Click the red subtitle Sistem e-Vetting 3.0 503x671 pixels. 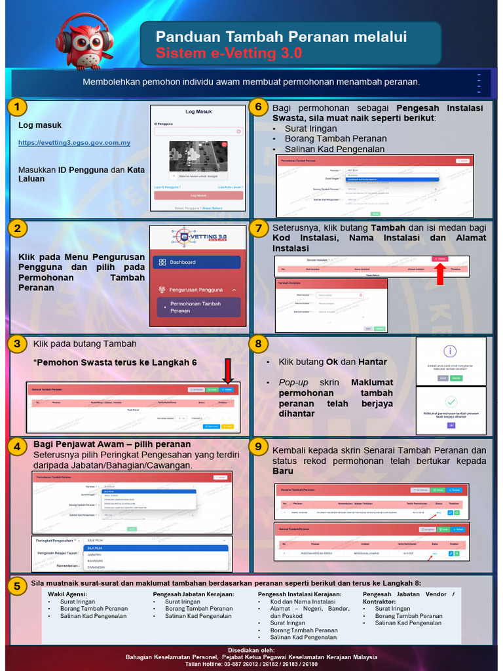pos(229,54)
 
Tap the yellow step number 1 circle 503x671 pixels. pos(19,107)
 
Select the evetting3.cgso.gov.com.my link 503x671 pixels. pos(74,143)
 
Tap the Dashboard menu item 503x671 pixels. pos(196,262)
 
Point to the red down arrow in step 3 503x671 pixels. pos(228,371)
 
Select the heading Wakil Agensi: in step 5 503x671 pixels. pos(67,594)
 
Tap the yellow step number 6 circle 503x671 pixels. pos(259,107)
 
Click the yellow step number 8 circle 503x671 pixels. pos(259,344)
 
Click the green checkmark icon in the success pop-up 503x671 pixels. pos(451,402)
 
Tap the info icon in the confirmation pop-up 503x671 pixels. pos(451,351)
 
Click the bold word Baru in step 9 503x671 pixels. pos(283,471)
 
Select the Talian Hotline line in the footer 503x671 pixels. pos(251,664)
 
